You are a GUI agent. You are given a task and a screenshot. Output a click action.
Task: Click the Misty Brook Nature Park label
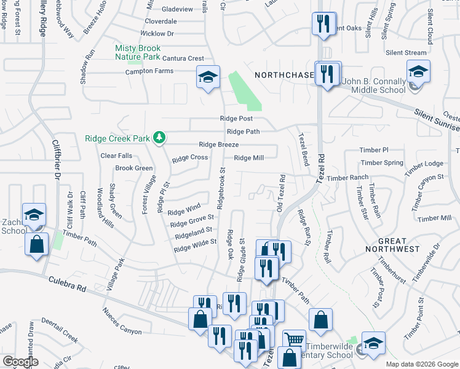(138, 52)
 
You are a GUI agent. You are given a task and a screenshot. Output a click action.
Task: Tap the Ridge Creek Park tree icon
(159, 137)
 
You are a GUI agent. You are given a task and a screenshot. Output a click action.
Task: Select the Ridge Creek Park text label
(117, 139)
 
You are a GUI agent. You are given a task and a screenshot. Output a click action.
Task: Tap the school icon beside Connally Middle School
(418, 72)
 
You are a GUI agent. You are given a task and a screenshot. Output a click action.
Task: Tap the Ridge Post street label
(236, 119)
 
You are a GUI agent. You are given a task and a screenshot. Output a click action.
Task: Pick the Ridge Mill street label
(248, 158)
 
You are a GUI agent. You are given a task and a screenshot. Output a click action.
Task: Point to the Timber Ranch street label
(347, 178)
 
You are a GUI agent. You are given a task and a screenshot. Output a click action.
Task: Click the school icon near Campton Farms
(208, 77)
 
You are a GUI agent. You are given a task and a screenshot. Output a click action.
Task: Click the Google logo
(21, 362)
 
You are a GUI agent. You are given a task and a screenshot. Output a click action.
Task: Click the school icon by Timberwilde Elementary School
(373, 343)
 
